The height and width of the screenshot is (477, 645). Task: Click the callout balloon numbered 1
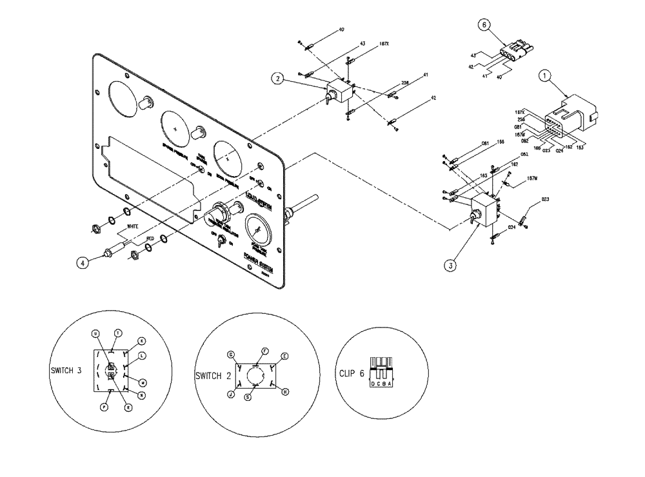(x=546, y=76)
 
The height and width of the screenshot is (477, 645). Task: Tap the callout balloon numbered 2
(x=277, y=79)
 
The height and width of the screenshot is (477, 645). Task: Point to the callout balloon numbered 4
(x=82, y=262)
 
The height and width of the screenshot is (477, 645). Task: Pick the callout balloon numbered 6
(x=483, y=24)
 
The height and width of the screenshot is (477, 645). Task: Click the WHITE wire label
(x=133, y=226)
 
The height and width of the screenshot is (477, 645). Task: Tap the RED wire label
(x=150, y=238)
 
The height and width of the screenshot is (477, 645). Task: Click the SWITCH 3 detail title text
(x=68, y=371)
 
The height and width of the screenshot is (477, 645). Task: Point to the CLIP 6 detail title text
(x=352, y=372)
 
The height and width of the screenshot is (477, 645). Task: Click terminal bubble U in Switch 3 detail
(x=95, y=333)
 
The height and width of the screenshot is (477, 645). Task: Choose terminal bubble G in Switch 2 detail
(x=230, y=355)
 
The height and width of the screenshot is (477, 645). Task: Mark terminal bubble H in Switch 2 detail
(x=285, y=391)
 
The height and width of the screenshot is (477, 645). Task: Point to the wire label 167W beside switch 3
(x=533, y=179)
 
